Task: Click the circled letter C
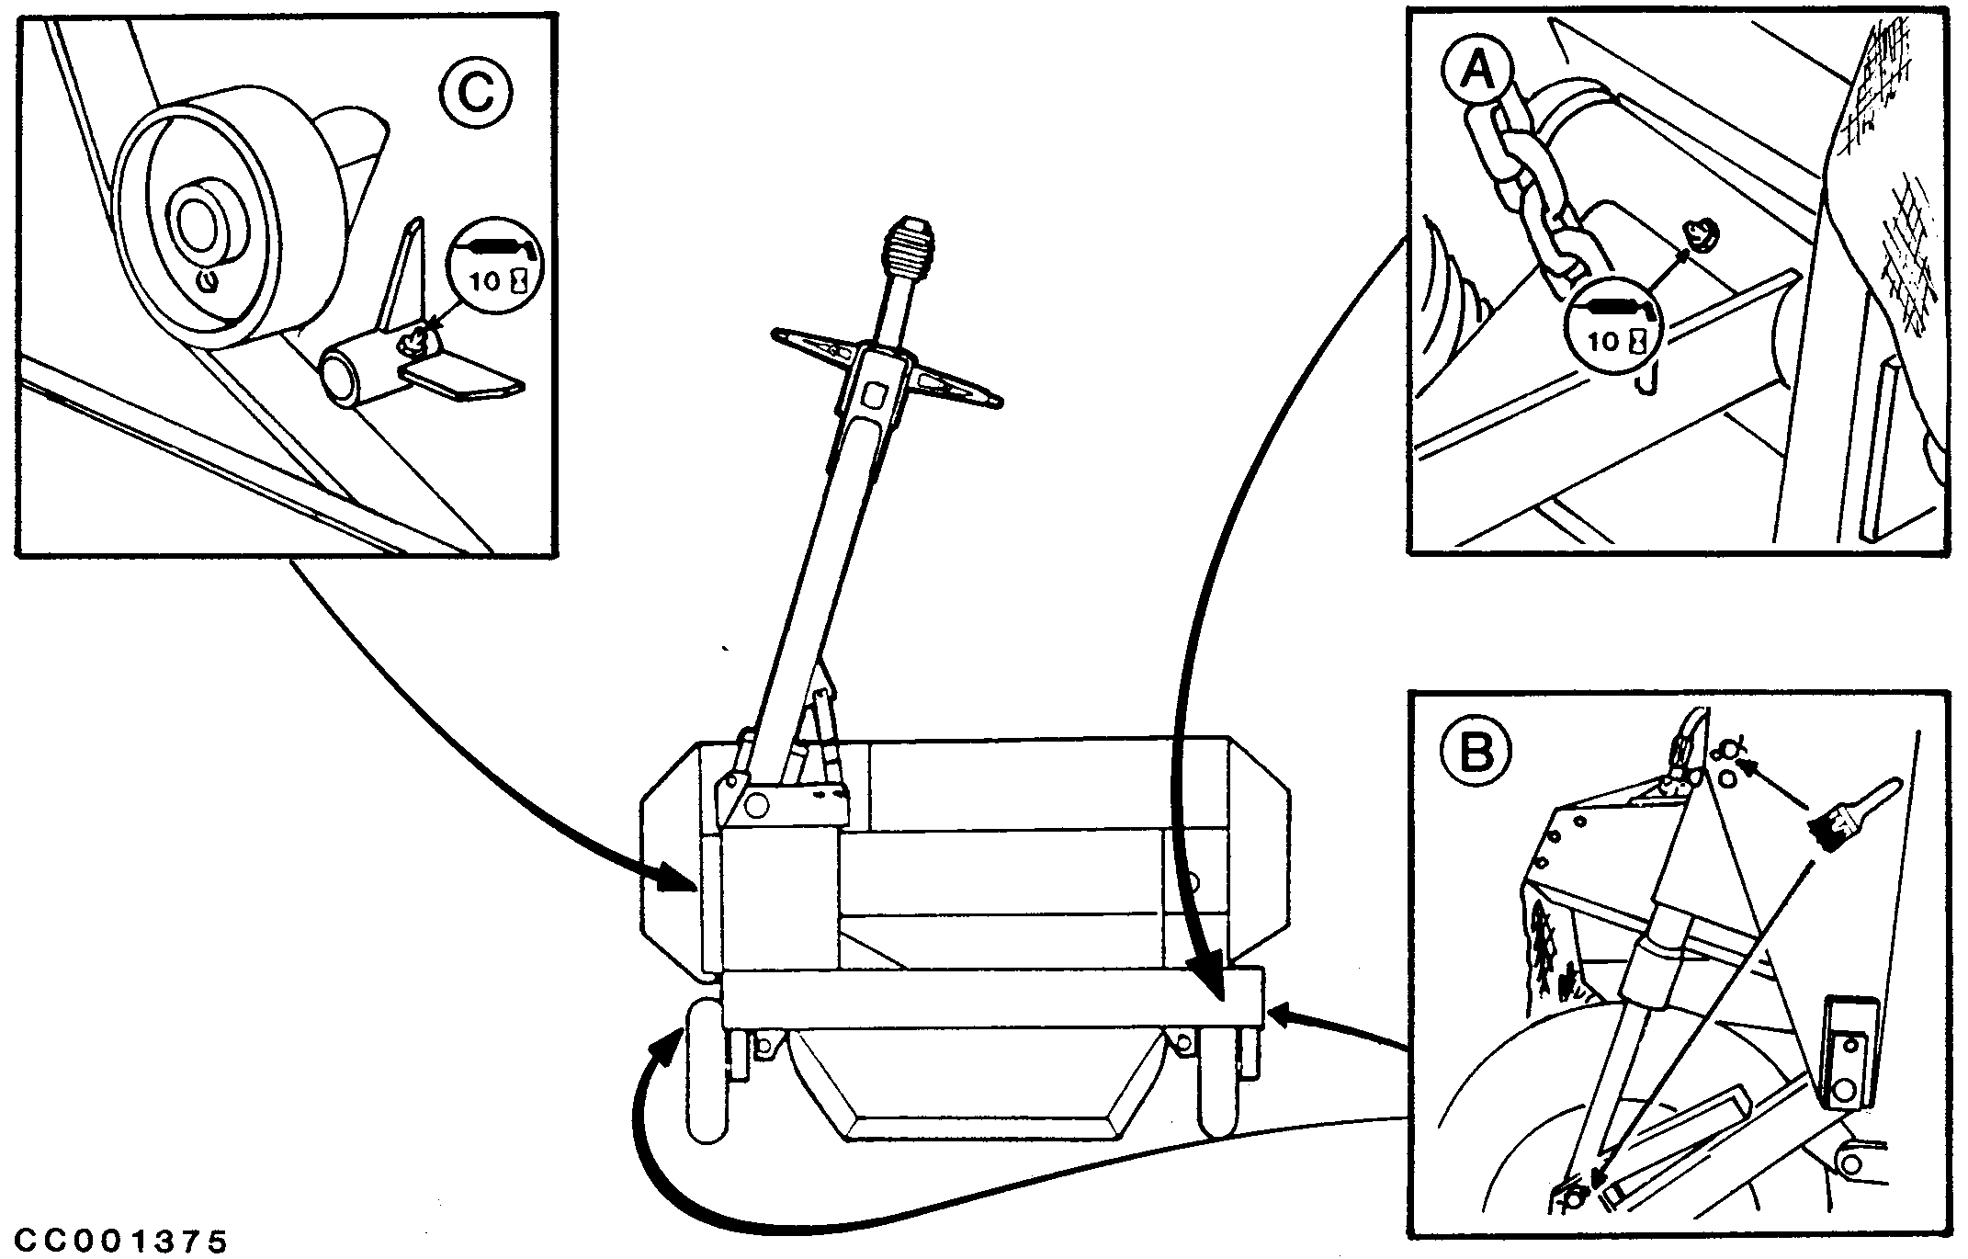475,92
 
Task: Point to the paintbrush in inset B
1842,813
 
